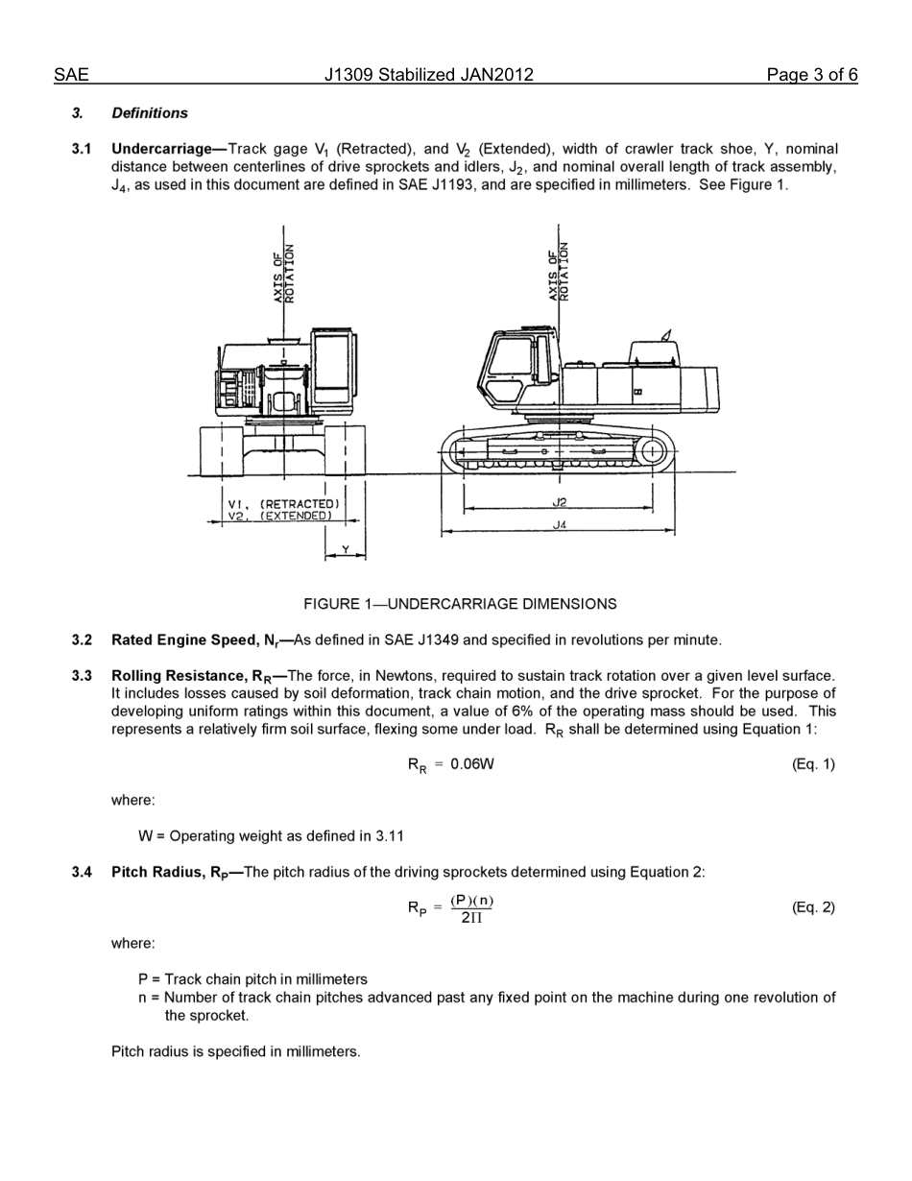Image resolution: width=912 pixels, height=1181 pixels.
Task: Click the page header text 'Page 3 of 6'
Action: click(x=811, y=75)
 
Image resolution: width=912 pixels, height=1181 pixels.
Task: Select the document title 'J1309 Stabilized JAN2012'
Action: click(x=428, y=75)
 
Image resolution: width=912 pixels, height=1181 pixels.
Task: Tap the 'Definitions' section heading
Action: click(x=150, y=113)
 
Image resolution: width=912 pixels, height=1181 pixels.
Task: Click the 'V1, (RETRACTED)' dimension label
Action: click(x=282, y=503)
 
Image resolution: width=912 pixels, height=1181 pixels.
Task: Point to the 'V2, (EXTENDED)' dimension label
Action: click(x=279, y=516)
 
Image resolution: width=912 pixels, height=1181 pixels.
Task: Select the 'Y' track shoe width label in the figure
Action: click(x=345, y=549)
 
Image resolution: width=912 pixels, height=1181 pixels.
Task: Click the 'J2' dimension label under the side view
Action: click(x=560, y=502)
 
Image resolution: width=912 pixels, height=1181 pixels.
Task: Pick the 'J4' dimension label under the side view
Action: click(x=560, y=525)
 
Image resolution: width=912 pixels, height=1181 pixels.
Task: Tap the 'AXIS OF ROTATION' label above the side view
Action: click(x=559, y=272)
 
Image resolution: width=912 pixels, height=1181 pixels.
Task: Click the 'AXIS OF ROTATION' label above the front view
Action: click(x=283, y=274)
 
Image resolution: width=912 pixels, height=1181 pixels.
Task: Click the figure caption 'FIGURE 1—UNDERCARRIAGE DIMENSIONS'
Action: click(x=460, y=604)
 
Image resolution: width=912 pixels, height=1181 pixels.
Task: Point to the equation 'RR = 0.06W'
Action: click(x=450, y=765)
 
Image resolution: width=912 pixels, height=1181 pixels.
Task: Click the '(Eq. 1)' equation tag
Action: click(x=813, y=764)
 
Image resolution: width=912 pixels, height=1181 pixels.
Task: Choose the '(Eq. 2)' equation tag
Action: click(x=813, y=908)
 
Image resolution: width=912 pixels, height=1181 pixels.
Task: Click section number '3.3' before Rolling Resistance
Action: click(x=82, y=676)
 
